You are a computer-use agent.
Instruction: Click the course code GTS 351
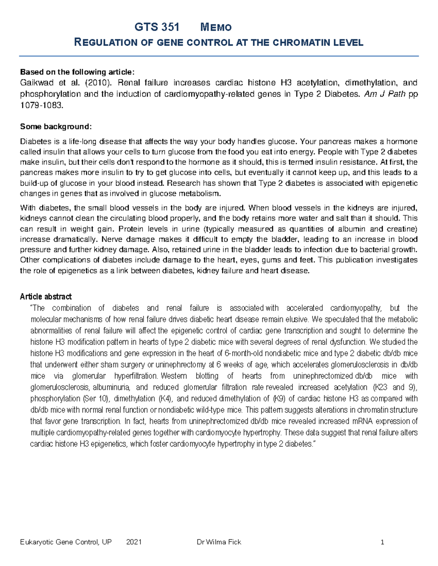(157, 27)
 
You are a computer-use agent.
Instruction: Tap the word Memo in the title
(216, 27)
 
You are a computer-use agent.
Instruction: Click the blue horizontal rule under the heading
(219, 56)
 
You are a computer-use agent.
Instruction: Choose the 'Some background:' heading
(56, 126)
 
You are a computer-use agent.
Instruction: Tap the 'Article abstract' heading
(46, 296)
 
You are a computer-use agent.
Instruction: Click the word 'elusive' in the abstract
(297, 319)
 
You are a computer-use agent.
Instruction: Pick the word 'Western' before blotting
(173, 376)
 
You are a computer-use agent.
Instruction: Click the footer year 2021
(134, 542)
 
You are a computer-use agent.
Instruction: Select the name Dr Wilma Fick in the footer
(219, 542)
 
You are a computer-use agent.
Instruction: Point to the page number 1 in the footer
(382, 542)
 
